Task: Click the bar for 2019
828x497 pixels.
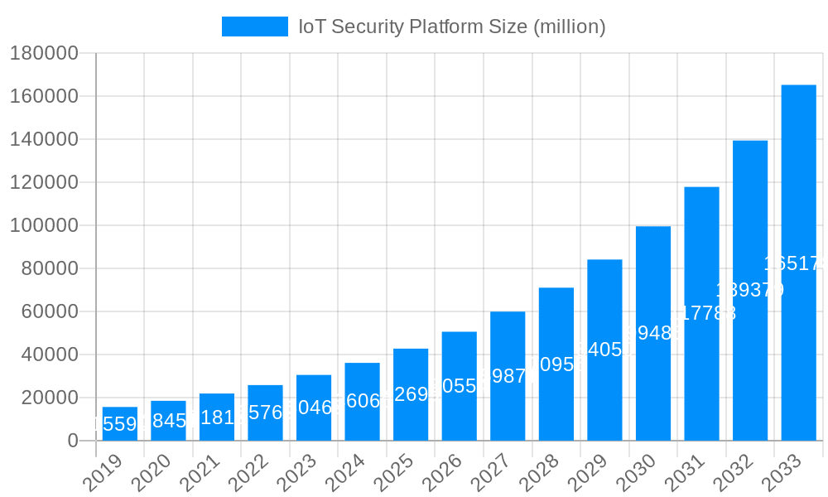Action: pos(120,423)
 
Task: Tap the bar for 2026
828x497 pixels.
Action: pos(460,386)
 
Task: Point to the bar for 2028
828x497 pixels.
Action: pos(556,364)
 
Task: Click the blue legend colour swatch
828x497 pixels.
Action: pos(254,27)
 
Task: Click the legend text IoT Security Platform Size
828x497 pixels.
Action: pos(452,27)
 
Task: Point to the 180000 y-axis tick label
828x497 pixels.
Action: pos(44,54)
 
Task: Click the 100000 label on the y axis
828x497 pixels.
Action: pos(44,225)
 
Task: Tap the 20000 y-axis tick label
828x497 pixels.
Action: pos(49,398)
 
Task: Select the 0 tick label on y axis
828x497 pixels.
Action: pos(73,441)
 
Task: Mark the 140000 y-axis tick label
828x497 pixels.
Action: pos(44,139)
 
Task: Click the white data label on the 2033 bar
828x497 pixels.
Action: pos(795,263)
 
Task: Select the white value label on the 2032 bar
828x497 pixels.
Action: pos(749,290)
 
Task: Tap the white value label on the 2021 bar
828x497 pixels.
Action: pos(216,417)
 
